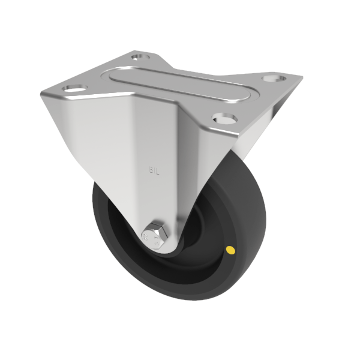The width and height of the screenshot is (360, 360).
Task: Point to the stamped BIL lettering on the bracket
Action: click(x=153, y=170)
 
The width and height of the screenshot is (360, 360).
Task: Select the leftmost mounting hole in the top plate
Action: click(x=74, y=88)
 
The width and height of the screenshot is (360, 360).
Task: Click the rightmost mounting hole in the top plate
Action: click(x=274, y=78)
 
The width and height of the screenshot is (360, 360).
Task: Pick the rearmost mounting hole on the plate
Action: click(x=139, y=57)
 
